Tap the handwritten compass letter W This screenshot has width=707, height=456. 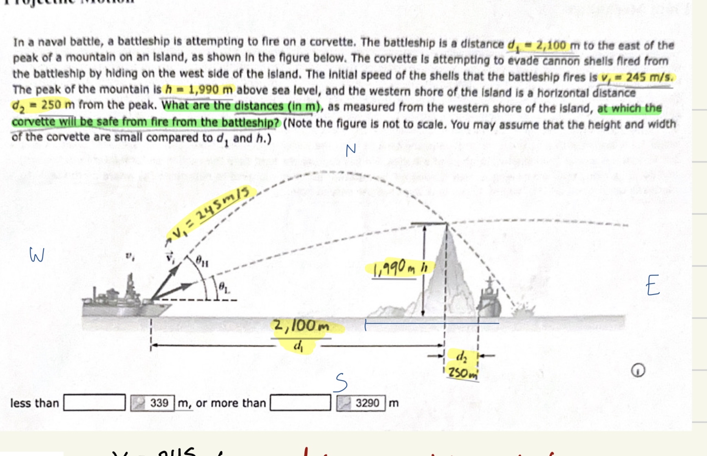(37, 255)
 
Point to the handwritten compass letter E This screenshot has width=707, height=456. (652, 285)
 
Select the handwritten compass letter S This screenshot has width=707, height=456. (341, 383)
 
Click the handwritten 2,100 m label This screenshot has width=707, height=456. (301, 326)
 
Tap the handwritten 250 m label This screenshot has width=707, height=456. (462, 372)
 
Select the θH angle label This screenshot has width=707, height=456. (202, 261)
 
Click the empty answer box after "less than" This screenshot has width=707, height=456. (94, 403)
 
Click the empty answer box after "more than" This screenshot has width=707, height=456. (300, 403)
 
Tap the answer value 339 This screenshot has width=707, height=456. (159, 403)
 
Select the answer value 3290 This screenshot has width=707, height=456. (367, 403)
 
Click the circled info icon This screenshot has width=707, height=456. (638, 370)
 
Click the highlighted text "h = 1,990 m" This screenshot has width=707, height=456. (199, 90)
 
